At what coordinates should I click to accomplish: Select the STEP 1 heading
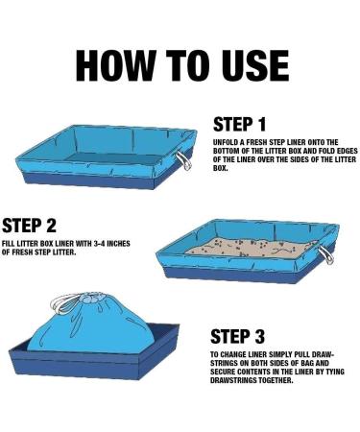[x=239, y=125]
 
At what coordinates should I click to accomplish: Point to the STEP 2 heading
[x=29, y=225]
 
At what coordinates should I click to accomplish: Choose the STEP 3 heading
[x=237, y=336]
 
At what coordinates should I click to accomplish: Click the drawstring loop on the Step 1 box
[x=185, y=160]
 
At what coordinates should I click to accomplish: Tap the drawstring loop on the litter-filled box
[x=326, y=255]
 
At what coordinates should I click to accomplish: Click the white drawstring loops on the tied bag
[x=64, y=304]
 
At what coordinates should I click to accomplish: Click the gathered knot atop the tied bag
[x=92, y=300]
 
